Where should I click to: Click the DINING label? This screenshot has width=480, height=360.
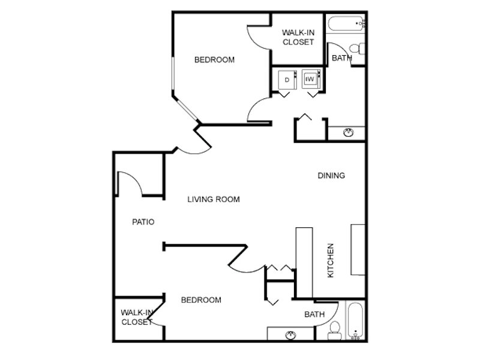coord(331,175)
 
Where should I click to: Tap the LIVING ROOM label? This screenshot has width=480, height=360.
coord(214,199)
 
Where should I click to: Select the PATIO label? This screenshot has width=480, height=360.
coord(143,222)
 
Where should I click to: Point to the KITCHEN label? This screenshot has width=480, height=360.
coord(331,260)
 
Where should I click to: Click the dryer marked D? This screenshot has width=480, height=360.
coord(287,80)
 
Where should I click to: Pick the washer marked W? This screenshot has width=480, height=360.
coord(311,79)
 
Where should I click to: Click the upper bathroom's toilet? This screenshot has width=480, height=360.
coord(358,49)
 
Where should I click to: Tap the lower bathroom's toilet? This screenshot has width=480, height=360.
coord(335,331)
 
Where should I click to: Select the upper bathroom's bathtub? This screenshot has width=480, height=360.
coord(346,23)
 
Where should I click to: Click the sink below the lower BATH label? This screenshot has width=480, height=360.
coord(290,335)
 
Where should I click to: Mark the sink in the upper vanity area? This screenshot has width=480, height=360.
coord(349,133)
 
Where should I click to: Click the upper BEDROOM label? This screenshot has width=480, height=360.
coord(215,59)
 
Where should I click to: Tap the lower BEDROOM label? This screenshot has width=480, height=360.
coord(201,300)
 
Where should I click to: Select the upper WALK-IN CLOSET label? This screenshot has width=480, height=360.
coord(298,37)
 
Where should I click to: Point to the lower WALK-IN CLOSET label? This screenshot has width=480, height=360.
coord(137,317)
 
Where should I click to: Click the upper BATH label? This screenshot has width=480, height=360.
coord(341,58)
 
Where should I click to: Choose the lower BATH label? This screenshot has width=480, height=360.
coord(314,314)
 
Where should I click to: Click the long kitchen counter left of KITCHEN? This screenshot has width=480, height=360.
coord(304,262)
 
